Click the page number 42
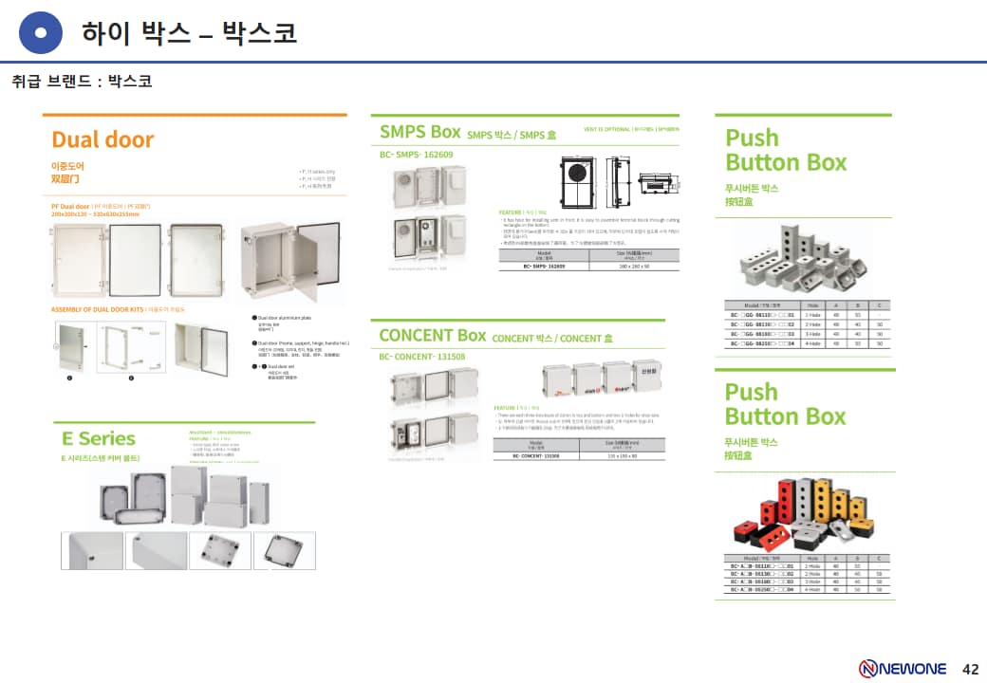(970, 668)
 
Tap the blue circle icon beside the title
(41, 33)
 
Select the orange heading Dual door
(102, 139)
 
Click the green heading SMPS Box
(419, 132)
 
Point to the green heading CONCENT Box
(432, 335)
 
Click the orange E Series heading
(99, 438)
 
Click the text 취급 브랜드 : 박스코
(82, 82)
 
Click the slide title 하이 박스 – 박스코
(190, 33)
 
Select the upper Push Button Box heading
(786, 150)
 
